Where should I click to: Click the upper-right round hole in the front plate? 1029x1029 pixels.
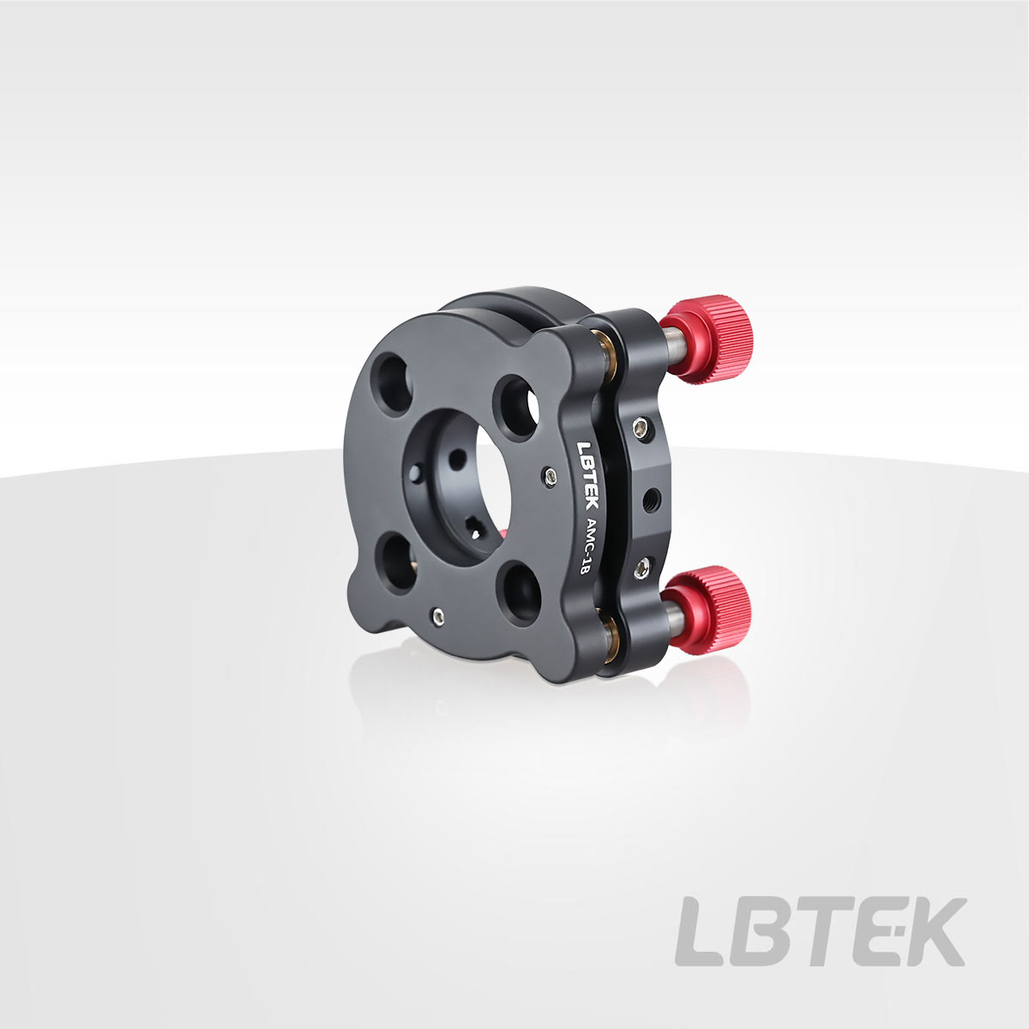pos(516,408)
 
